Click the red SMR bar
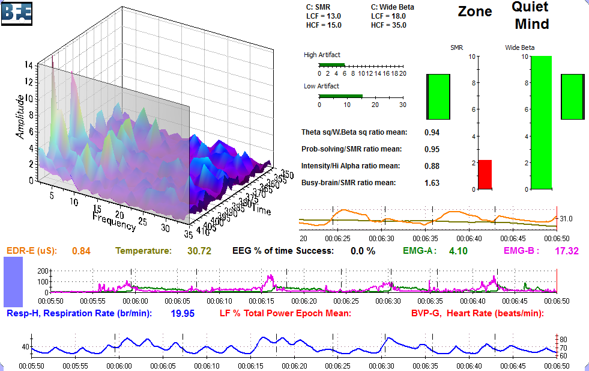coord(485,174)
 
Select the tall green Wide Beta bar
coord(541,123)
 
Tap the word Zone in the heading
coord(475,11)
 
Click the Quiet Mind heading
coord(530,16)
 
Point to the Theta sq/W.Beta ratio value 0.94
coord(432,132)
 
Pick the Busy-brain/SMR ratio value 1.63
coord(432,183)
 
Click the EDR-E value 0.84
coord(81,251)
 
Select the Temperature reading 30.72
coord(199,251)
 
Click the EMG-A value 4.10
coord(458,251)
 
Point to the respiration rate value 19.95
coord(183,313)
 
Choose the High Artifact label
coord(322,55)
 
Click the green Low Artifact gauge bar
coord(340,96)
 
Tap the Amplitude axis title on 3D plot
coord(22,116)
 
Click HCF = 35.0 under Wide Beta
coord(388,25)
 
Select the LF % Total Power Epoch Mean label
coord(285,313)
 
